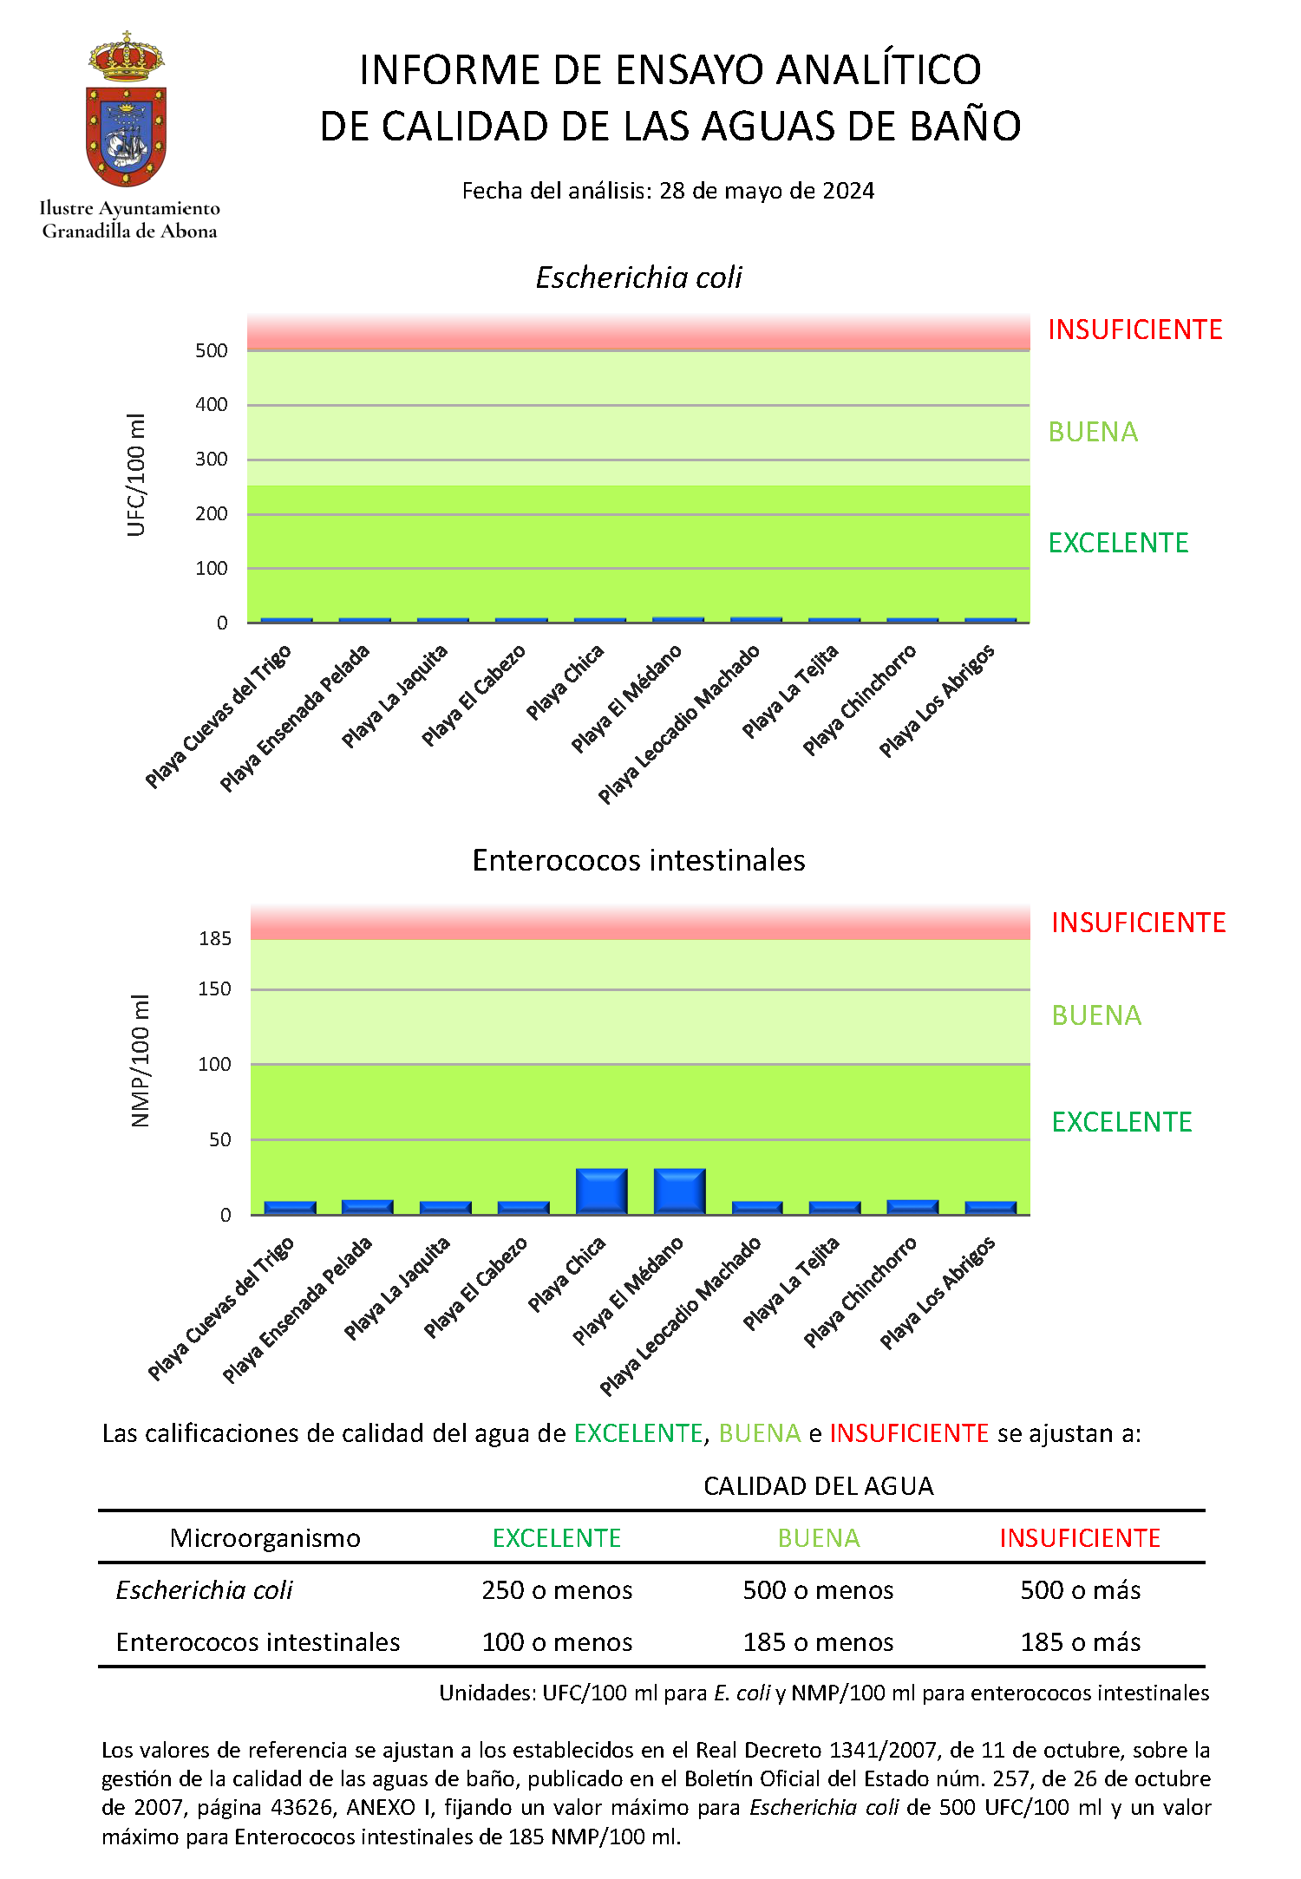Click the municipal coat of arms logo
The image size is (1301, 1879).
pos(127,109)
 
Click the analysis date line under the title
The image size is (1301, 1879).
pos(668,191)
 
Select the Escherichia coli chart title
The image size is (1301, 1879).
pos(639,277)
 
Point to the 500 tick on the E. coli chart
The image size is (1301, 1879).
pos(212,350)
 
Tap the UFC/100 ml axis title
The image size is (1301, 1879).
pos(136,475)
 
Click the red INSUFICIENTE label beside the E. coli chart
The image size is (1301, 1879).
pos(1135,329)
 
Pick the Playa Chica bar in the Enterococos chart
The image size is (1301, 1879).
pos(601,1191)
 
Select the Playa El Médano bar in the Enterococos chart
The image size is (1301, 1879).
pos(679,1191)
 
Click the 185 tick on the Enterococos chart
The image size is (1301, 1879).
pos(215,938)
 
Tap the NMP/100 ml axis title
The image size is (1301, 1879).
pos(141,1060)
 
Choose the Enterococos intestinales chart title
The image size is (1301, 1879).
pos(639,860)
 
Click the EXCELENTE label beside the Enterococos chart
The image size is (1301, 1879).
pos(1122,1122)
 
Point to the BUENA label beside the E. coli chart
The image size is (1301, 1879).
pos(1093,432)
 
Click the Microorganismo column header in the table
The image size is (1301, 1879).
pos(265,1537)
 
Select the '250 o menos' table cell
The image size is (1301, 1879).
pos(557,1589)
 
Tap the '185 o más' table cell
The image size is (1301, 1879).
pos(1081,1641)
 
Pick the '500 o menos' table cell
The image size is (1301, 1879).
pos(818,1589)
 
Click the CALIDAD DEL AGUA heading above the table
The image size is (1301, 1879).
pos(819,1486)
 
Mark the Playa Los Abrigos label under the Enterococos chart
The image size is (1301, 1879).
pos(938,1293)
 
